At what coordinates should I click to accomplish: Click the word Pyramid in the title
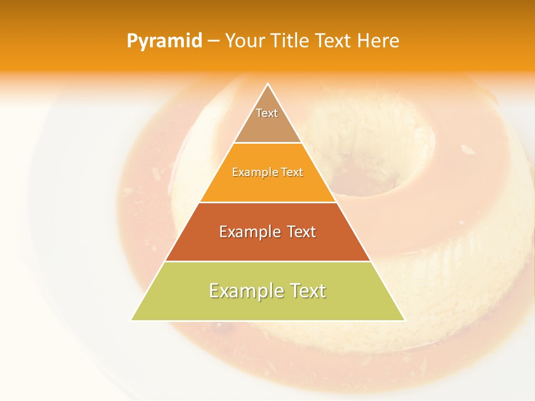(x=164, y=41)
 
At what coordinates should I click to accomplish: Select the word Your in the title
(x=245, y=41)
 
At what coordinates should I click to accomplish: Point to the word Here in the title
(x=378, y=41)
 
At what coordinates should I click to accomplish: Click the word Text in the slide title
(x=333, y=41)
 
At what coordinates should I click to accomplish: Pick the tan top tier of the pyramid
(x=267, y=128)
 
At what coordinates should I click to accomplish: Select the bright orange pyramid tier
(x=267, y=187)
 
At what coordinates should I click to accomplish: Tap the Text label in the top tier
(x=267, y=113)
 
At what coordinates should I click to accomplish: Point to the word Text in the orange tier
(x=293, y=172)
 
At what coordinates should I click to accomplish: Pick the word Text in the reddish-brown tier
(x=301, y=232)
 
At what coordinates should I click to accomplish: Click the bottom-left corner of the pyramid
(x=131, y=320)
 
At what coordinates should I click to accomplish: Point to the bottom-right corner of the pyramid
(x=405, y=320)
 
